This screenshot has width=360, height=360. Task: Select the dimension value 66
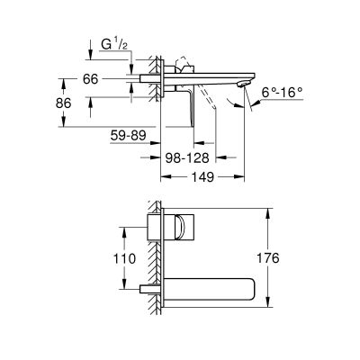(91, 79)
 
